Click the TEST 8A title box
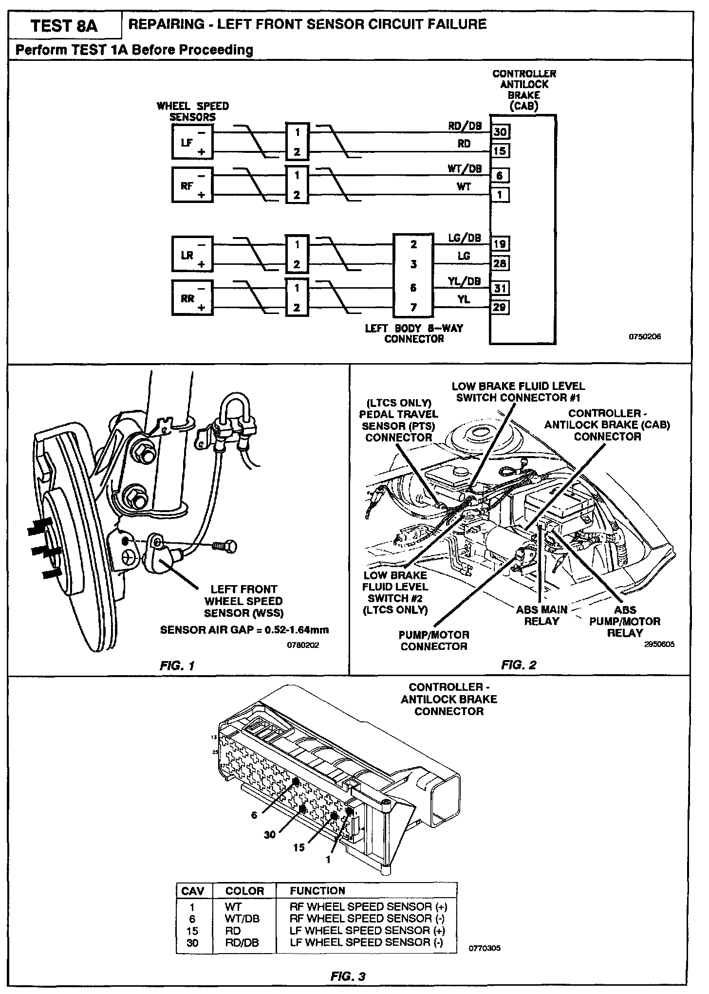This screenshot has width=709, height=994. (64, 25)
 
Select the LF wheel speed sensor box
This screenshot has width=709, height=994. (191, 142)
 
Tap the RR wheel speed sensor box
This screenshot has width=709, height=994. (191, 297)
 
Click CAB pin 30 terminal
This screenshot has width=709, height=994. (500, 131)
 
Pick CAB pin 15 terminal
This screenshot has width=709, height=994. (500, 151)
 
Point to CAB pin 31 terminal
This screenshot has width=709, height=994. (500, 288)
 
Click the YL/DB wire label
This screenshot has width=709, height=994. (464, 281)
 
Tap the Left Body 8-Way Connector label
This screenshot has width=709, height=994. (414, 333)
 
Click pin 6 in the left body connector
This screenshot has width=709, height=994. (413, 288)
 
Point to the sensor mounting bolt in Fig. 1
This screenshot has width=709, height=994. (225, 546)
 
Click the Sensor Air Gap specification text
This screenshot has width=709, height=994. (244, 629)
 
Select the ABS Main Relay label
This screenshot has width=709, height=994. (541, 615)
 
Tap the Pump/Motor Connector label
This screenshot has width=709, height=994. (434, 641)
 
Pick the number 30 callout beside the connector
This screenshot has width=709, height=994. (269, 834)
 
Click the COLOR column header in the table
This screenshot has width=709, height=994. (244, 890)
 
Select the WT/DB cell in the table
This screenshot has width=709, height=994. (242, 918)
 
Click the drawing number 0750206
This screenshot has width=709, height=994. (646, 336)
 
